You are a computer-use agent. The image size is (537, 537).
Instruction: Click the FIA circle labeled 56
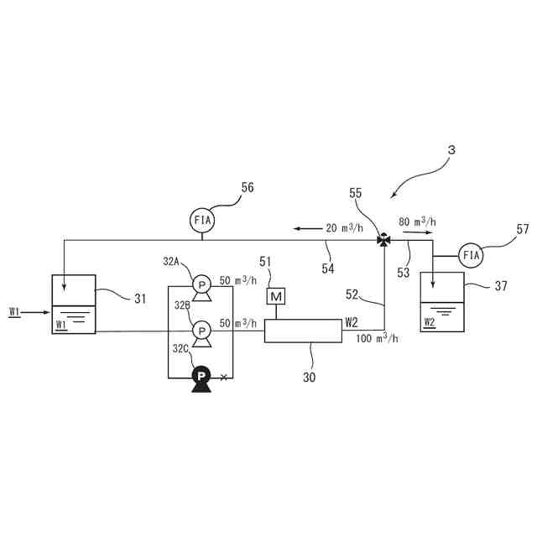(x=203, y=220)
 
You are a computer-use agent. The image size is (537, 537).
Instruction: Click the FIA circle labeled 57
(x=472, y=254)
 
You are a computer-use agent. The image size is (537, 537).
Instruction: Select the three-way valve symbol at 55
(x=383, y=240)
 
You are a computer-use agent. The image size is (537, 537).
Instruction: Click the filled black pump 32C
(x=201, y=378)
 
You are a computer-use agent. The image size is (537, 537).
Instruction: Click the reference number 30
(x=310, y=377)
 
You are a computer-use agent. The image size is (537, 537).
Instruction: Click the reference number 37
(x=501, y=286)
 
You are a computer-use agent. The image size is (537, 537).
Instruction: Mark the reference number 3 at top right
(x=451, y=149)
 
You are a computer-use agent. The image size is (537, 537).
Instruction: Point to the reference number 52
(x=352, y=294)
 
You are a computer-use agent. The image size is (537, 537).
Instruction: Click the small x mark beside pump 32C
(x=223, y=378)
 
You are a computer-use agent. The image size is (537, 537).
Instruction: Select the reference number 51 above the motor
(x=266, y=262)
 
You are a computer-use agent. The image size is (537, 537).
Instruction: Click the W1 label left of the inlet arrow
(x=14, y=312)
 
